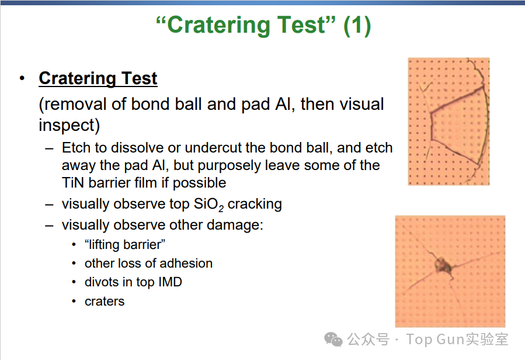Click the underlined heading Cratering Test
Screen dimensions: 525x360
click(98, 78)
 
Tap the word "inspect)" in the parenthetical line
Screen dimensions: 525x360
click(69, 126)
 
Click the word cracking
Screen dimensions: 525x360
click(255, 204)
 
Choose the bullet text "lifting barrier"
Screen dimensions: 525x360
click(125, 244)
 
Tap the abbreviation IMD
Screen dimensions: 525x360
click(170, 282)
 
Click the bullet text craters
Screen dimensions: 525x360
click(105, 302)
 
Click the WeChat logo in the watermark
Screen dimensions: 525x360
click(333, 339)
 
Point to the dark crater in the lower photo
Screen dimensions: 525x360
click(444, 265)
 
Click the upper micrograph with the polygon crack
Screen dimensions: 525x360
click(448, 122)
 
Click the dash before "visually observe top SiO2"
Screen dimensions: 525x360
click(49, 205)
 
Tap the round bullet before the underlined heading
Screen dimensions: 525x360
click(22, 79)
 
